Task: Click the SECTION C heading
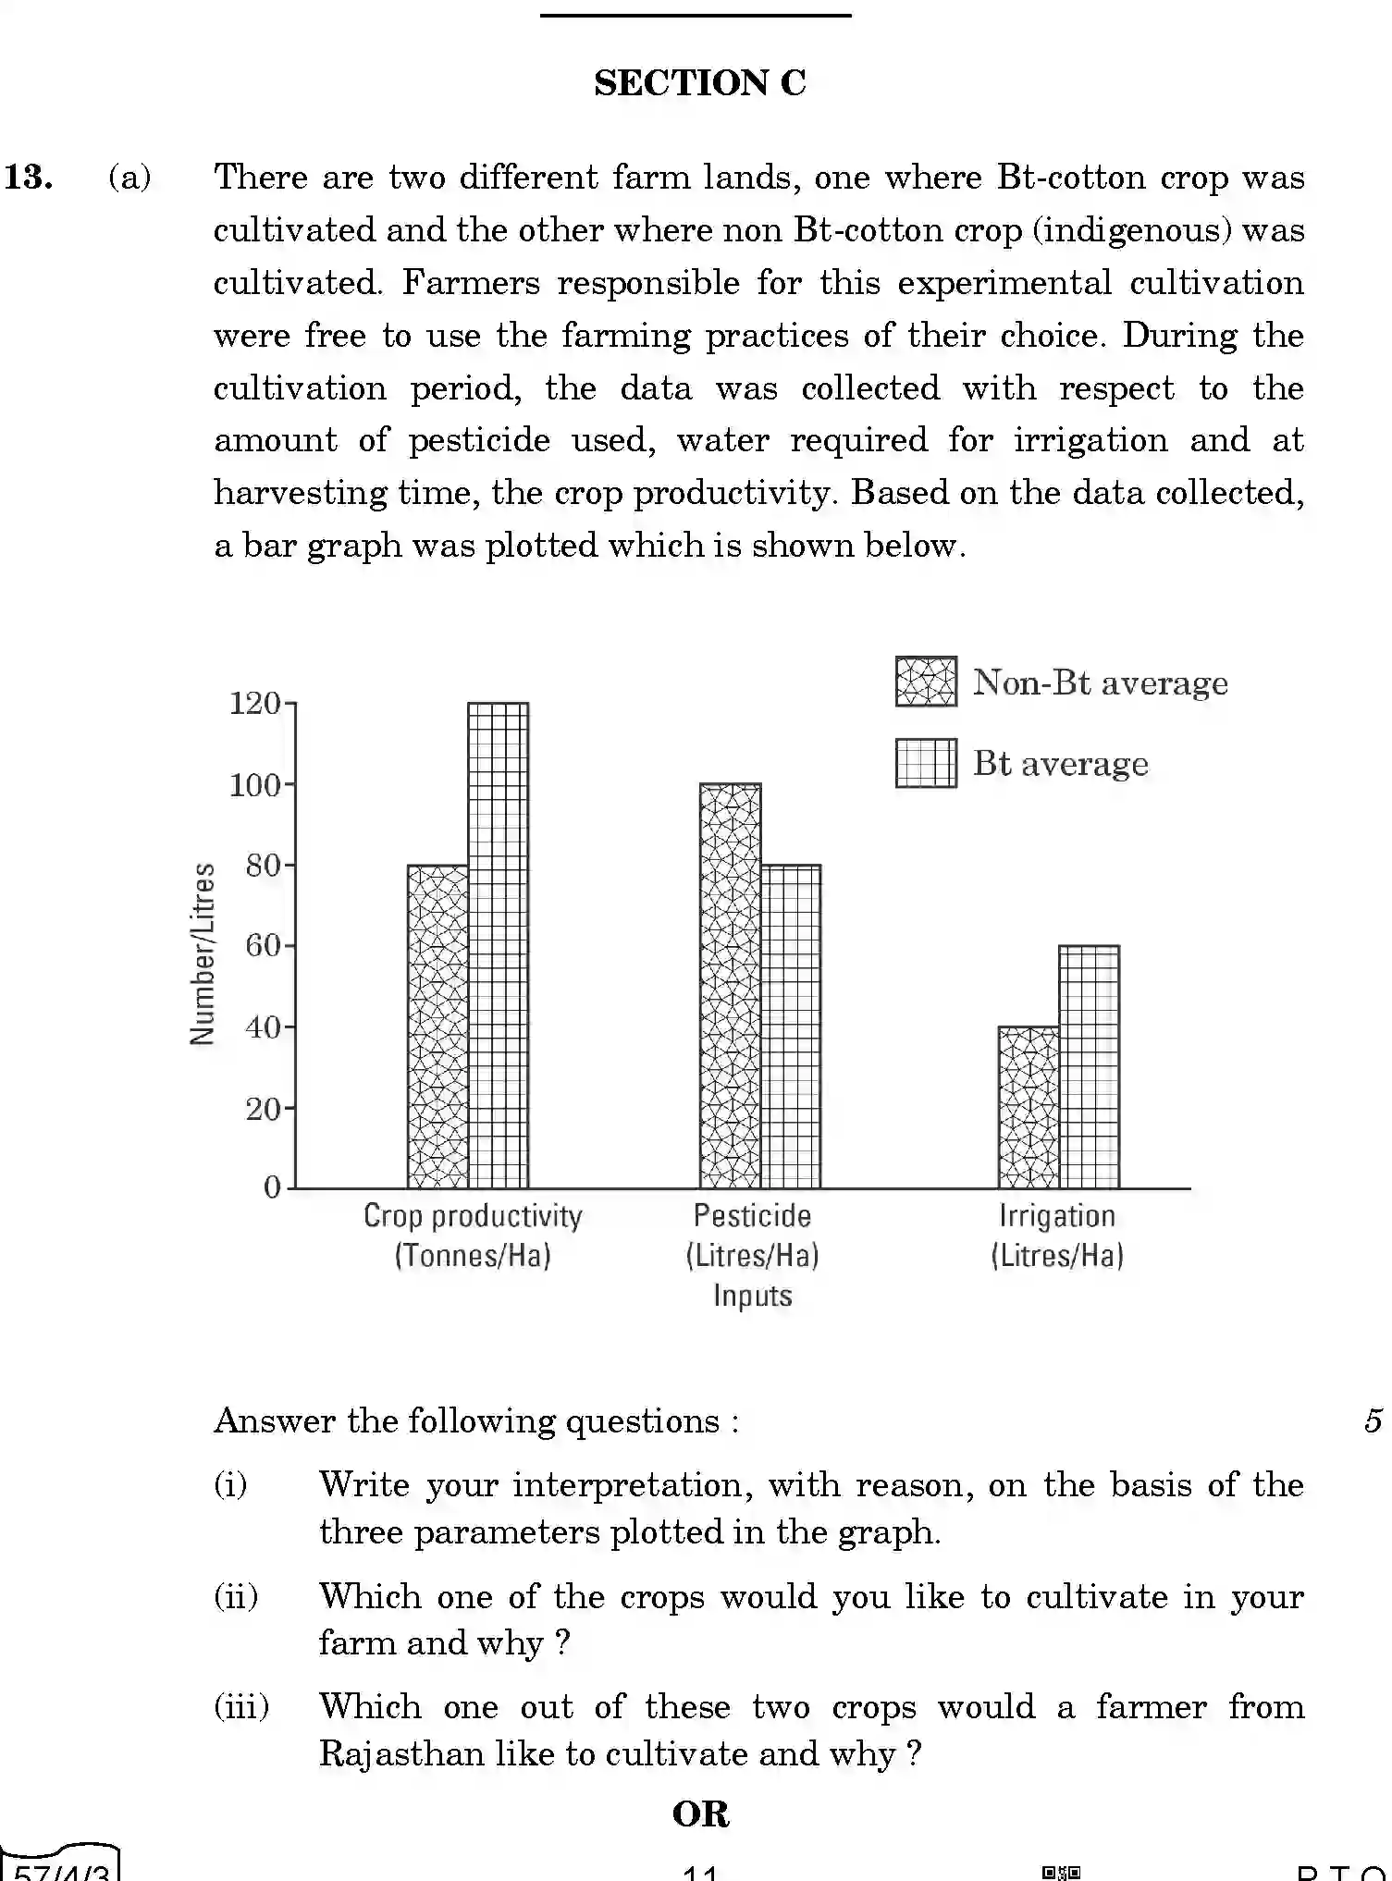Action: pos(699,83)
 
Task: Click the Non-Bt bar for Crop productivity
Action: pos(437,1027)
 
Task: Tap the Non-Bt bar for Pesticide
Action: pos(730,986)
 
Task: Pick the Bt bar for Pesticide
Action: pos(791,1027)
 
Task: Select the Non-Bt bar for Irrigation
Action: pos(1029,1107)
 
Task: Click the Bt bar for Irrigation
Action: pos(1089,1066)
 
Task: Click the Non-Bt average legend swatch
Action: pos(926,682)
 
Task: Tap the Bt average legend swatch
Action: pos(926,763)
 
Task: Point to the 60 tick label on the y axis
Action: pos(263,946)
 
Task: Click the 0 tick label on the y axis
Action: pos(272,1187)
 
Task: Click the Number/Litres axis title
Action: pos(203,953)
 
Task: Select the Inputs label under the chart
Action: pos(752,1296)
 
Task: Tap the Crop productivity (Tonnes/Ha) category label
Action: pos(473,1235)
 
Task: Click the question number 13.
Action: pos(29,177)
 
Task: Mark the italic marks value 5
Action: pos(1373,1420)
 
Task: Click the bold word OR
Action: pos(700,1814)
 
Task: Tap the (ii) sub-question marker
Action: pos(236,1597)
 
